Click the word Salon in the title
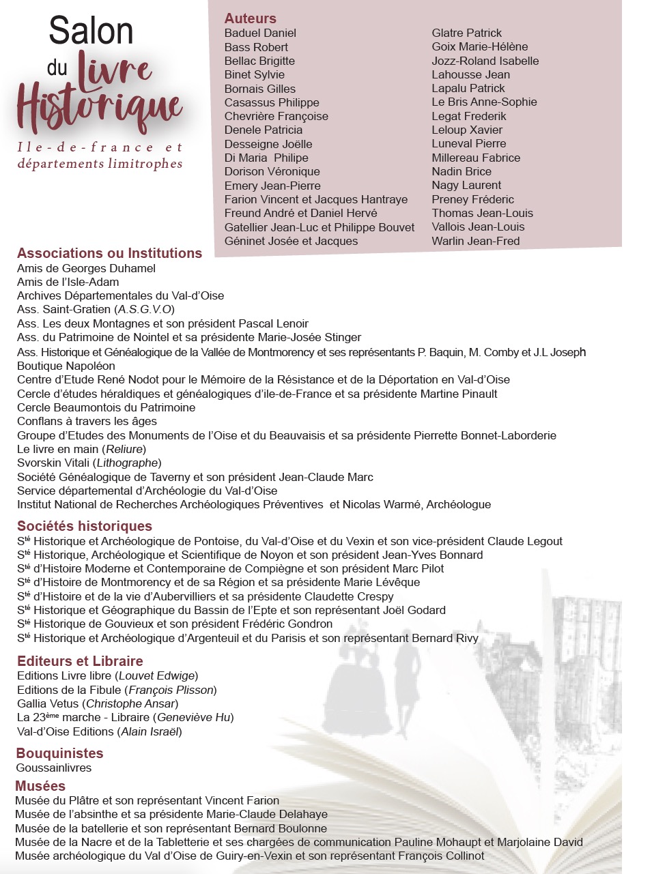point(91,31)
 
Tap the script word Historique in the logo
point(100,108)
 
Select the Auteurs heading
point(251,18)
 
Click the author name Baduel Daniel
point(260,33)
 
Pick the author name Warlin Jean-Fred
point(475,241)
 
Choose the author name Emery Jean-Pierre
point(272,186)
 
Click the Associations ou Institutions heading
point(109,253)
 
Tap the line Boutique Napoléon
point(66,366)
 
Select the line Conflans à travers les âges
point(87,421)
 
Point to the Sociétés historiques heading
point(85,526)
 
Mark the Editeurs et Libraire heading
point(80,661)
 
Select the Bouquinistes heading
point(59,753)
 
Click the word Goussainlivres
point(54,768)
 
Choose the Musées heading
point(40,786)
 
